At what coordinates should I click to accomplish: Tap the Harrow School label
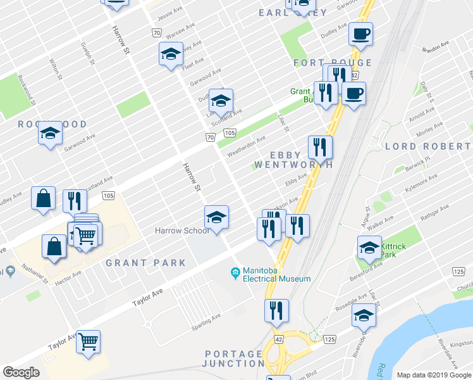pyautogui.click(x=182, y=231)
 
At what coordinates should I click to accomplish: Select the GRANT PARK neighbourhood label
pyautogui.click(x=146, y=263)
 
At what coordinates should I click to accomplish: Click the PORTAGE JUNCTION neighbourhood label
pyautogui.click(x=233, y=358)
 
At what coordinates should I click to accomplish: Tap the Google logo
pyautogui.click(x=21, y=372)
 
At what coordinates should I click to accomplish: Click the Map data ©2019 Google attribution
pyautogui.click(x=433, y=375)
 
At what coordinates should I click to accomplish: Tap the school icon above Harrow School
pyautogui.click(x=216, y=217)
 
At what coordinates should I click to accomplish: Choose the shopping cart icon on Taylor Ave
pyautogui.click(x=89, y=341)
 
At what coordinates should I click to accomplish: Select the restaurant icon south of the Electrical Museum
pyautogui.click(x=276, y=310)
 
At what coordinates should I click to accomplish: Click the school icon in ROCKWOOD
pyautogui.click(x=50, y=132)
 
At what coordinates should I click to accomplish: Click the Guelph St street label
pyautogui.click(x=87, y=54)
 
